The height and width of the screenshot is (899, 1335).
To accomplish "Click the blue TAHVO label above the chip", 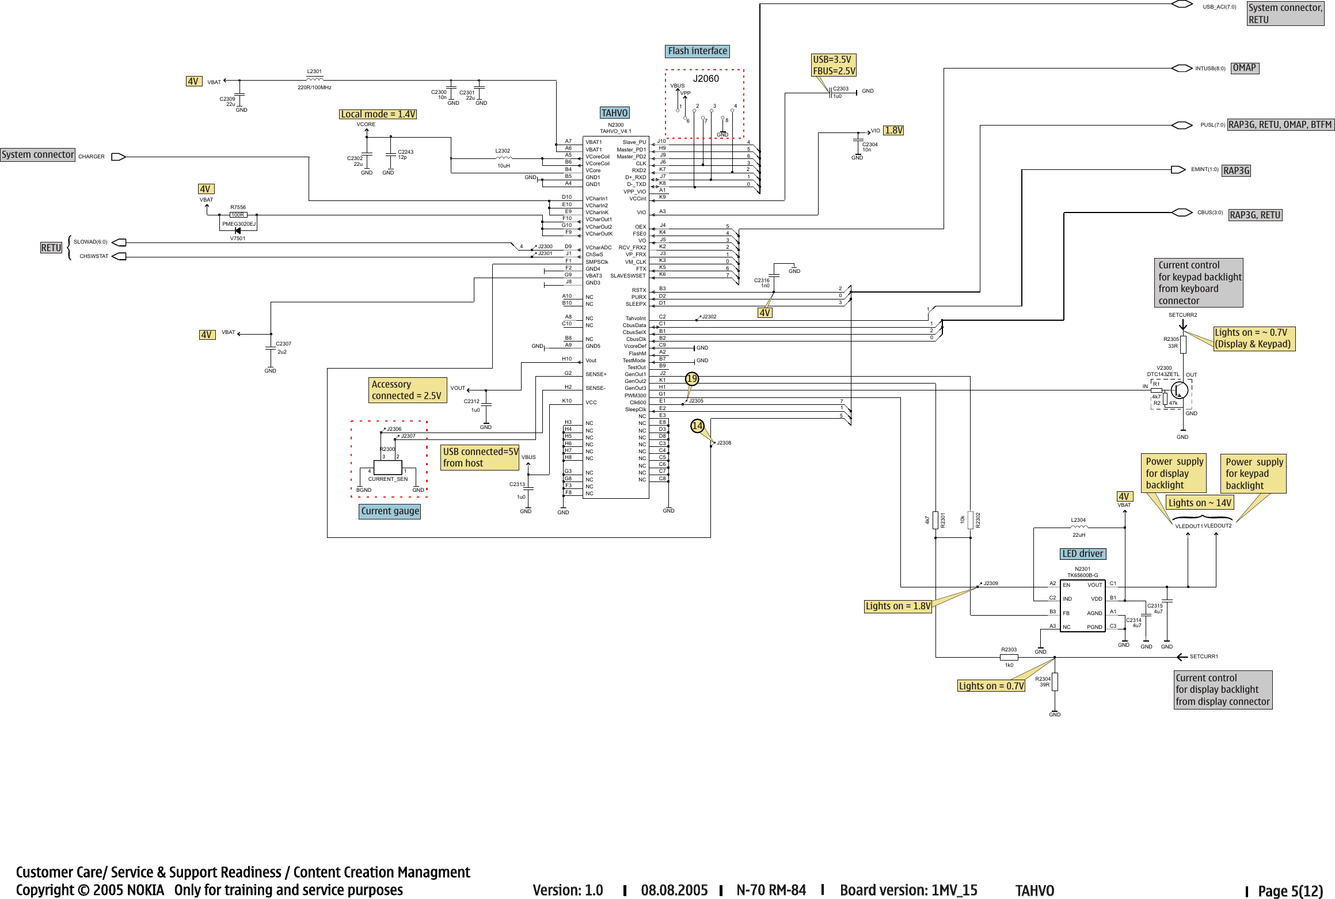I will [614, 113].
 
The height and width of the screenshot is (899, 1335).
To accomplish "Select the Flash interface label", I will [697, 51].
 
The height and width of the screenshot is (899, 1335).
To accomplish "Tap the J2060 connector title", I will [705, 79].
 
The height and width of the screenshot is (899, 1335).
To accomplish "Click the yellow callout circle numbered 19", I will [691, 378].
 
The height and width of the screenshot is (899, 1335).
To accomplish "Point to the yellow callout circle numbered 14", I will [697, 426].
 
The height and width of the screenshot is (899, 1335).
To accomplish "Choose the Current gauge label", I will [390, 511].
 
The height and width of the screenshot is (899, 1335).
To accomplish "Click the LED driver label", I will [1082, 554].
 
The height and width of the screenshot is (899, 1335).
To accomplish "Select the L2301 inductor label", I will [314, 72].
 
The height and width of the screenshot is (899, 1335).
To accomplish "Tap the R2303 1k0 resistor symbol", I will [1009, 657].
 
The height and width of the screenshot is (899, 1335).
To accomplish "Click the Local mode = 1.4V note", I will [378, 115].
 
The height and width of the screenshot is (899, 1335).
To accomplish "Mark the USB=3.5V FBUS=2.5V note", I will [834, 65].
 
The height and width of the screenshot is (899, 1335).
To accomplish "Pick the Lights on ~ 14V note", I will [1200, 503].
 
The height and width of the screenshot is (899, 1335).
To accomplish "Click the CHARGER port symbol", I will [118, 157].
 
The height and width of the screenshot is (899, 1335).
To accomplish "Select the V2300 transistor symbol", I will [1179, 390].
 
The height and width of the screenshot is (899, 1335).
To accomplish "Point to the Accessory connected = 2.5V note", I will [407, 390].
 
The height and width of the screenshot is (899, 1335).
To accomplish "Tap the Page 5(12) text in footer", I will [1290, 891].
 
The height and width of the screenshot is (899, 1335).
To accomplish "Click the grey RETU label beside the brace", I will [51, 248].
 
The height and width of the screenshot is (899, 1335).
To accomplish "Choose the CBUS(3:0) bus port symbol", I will [1182, 213].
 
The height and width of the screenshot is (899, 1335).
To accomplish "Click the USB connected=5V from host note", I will [480, 458].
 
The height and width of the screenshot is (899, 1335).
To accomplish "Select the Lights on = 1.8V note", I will [897, 606].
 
